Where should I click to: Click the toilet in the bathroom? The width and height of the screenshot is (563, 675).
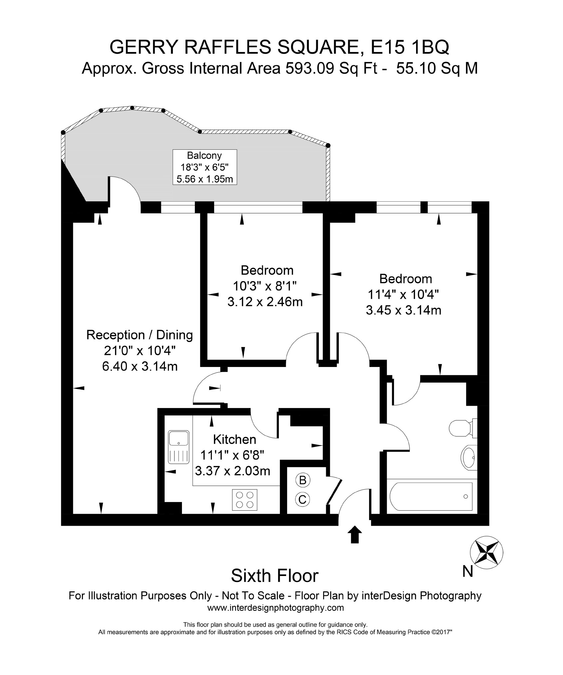coord(463,428)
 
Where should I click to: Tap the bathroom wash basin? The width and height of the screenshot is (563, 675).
coord(469,457)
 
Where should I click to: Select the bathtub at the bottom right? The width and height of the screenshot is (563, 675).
coord(431,496)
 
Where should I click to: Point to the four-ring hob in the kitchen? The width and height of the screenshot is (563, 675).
coord(245,499)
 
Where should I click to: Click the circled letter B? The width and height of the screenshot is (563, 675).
coord(302,480)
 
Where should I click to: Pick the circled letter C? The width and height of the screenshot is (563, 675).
coord(302,499)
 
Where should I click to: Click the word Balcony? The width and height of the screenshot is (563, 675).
coord(204,155)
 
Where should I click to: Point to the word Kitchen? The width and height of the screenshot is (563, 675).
coord(235,439)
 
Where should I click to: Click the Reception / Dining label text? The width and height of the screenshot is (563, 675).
coord(140,335)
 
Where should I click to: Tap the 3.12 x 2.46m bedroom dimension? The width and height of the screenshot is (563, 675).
coord(265,302)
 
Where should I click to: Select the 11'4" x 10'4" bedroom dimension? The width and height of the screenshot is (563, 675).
coord(403,295)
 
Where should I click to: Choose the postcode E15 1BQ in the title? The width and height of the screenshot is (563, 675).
coord(410,47)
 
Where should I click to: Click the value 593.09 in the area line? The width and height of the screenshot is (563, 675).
coord(310,68)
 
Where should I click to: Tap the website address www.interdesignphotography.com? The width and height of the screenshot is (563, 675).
coord(276,608)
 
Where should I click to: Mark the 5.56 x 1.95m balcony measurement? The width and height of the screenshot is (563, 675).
coord(205,179)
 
